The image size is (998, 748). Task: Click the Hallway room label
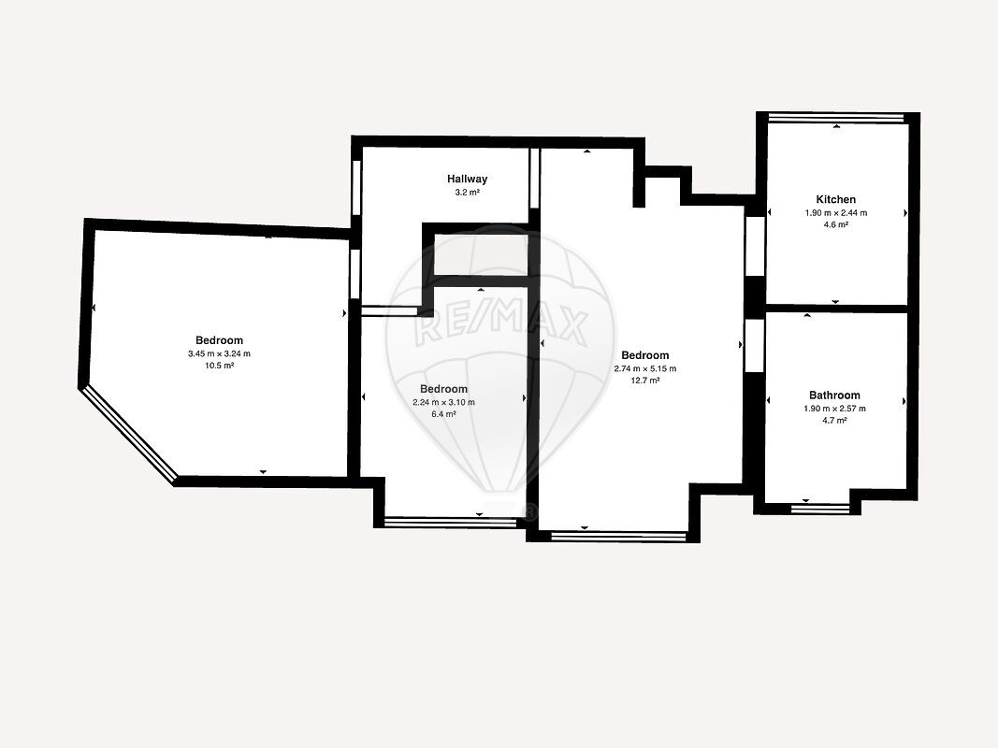pos(467,179)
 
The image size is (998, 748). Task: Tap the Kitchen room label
pos(835,199)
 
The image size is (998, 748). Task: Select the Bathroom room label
pos(834,395)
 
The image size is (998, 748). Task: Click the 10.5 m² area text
pos(219,366)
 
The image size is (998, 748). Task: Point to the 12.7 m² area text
pos(644,381)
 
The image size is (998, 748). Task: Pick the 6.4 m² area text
pos(443,414)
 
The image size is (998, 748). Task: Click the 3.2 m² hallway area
pos(467,192)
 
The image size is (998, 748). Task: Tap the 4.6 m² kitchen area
pos(835,224)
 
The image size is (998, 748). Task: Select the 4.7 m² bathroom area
pos(834,421)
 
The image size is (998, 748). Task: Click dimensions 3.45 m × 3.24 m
pos(219,353)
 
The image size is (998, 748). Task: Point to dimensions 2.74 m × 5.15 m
pos(644,368)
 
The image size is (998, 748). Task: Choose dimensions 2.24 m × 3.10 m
pos(443,402)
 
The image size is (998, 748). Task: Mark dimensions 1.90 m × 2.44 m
pos(835,213)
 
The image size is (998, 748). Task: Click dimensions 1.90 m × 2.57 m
pos(834,409)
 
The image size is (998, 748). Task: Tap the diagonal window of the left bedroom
pos(129,434)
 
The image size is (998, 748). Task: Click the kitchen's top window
pos(835,118)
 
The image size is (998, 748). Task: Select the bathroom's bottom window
pos(819,509)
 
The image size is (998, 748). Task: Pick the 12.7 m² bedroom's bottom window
pos(618,537)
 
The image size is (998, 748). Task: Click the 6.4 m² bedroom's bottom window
pos(450,523)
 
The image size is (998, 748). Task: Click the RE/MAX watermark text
pos(501,327)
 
